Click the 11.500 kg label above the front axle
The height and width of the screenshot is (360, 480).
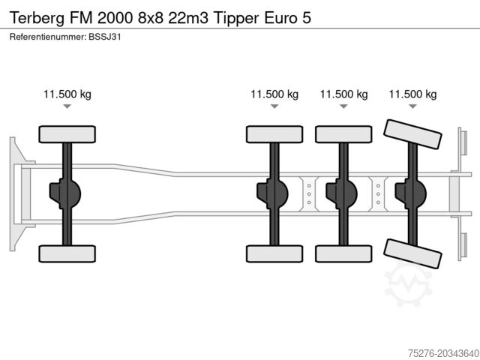pyautogui.click(x=67, y=94)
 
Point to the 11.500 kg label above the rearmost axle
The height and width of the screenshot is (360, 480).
pyautogui.click(x=412, y=94)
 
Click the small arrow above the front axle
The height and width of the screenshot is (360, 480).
pyautogui.click(x=67, y=107)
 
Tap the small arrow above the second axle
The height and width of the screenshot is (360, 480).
pyautogui.click(x=274, y=107)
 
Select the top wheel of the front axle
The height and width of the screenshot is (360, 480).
pyautogui.click(x=67, y=134)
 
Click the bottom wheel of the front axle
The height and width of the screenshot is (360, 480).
pyautogui.click(x=67, y=253)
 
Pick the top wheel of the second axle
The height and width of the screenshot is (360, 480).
pyautogui.click(x=274, y=134)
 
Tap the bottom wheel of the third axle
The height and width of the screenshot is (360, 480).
pyautogui.click(x=343, y=253)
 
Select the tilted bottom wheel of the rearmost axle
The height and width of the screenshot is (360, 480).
pyautogui.click(x=412, y=254)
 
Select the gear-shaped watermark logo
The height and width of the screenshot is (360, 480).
pyautogui.click(x=408, y=285)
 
